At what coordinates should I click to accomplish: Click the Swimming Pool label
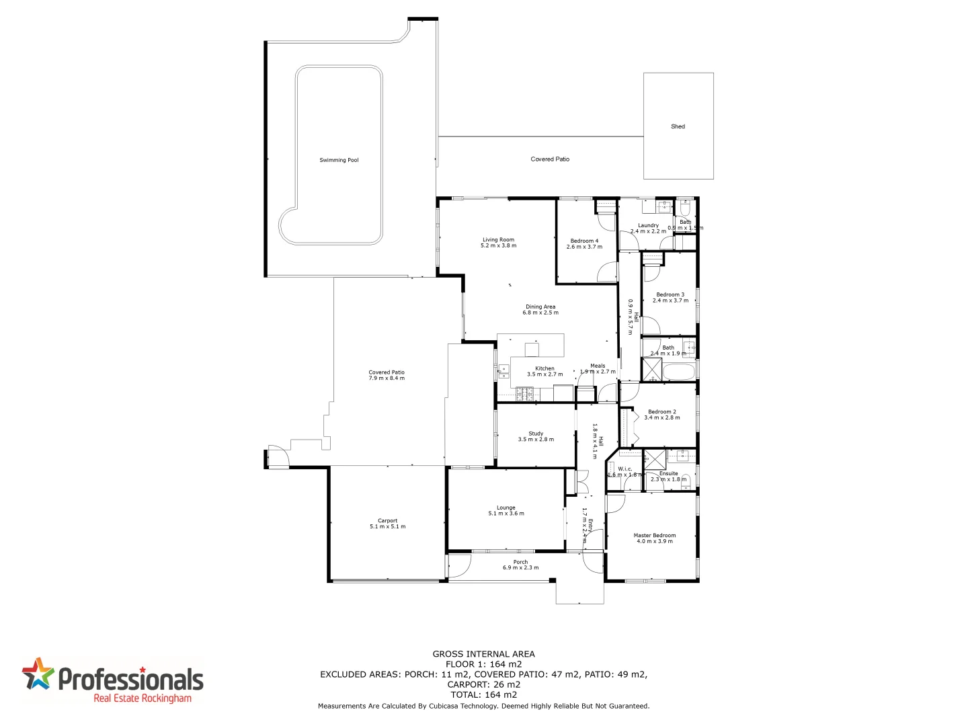point(339,160)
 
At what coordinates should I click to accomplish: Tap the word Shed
point(678,126)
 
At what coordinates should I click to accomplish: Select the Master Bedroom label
point(654,536)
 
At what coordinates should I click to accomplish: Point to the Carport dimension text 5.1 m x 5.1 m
point(387,526)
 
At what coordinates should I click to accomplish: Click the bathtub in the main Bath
point(678,370)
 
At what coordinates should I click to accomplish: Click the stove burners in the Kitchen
point(524,395)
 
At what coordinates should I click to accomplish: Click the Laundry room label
point(648,226)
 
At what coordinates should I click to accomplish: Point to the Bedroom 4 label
point(584,241)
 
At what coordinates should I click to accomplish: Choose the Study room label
point(536,434)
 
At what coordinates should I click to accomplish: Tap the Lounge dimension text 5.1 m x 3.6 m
point(506,514)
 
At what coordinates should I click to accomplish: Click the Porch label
point(520,562)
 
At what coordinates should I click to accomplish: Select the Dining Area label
point(540,307)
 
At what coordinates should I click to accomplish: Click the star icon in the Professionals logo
point(38,674)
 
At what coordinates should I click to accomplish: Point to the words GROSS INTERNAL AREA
point(484,654)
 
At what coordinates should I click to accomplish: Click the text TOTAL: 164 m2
point(484,695)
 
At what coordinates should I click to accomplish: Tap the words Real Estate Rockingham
point(143,698)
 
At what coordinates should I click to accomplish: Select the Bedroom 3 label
point(670,294)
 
